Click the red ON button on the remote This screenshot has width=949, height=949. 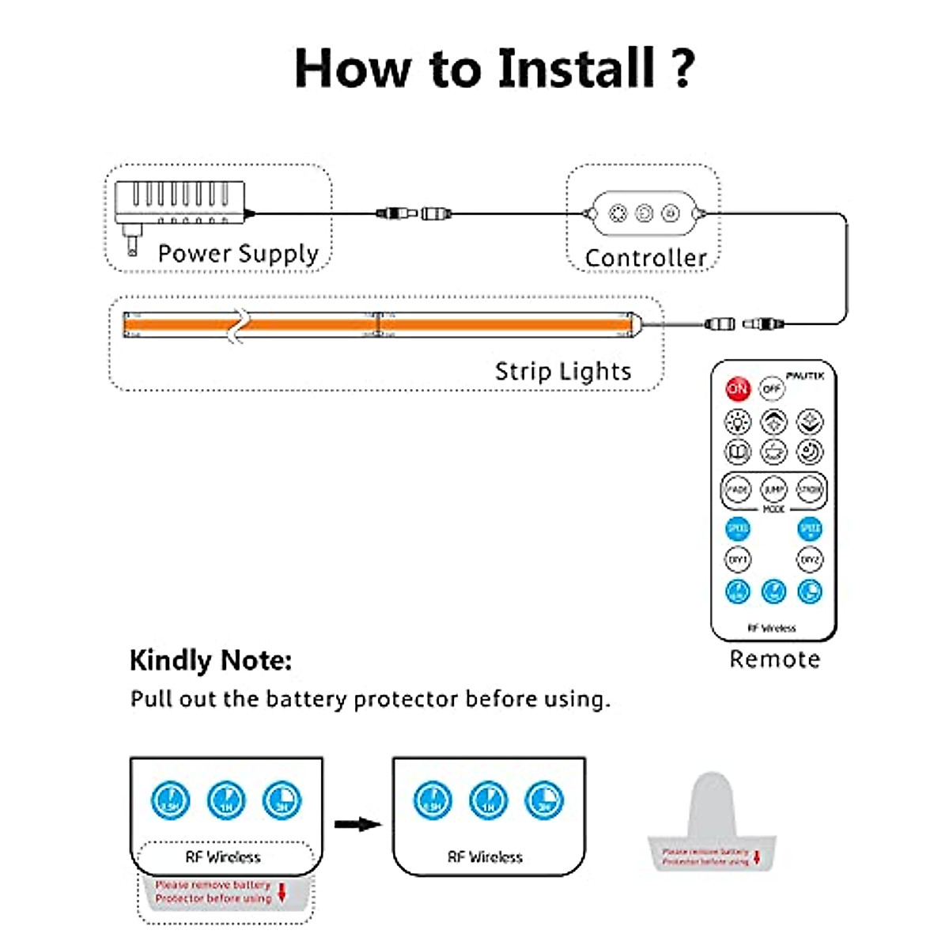[x=737, y=388]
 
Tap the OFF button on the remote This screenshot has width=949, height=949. [x=772, y=389]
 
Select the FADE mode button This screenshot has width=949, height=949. [x=737, y=490]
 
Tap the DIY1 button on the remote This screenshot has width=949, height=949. [x=737, y=560]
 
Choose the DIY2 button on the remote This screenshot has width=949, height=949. [x=809, y=560]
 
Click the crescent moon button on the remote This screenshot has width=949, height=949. [x=809, y=452]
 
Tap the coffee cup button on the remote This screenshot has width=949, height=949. [x=773, y=452]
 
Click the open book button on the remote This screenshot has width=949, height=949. [x=737, y=452]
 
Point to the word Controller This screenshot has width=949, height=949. [x=645, y=258]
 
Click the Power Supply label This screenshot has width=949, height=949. [x=238, y=254]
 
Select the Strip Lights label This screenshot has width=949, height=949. [x=563, y=372]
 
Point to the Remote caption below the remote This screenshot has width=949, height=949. [x=774, y=659]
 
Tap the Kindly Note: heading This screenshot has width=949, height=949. [x=210, y=660]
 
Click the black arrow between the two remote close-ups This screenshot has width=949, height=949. [x=357, y=825]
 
